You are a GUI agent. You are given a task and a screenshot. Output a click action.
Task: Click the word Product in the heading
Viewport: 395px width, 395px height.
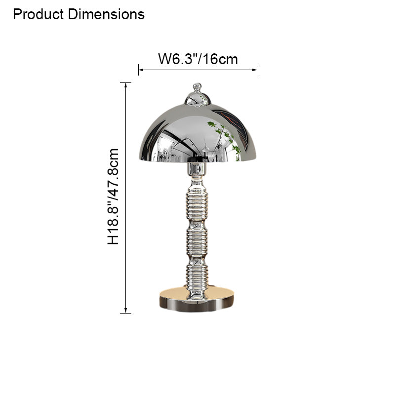point(39,14)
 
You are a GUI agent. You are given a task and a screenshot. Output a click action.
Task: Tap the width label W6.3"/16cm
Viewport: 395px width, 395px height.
point(197,59)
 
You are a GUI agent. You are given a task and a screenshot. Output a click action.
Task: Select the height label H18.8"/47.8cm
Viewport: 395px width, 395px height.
point(114,197)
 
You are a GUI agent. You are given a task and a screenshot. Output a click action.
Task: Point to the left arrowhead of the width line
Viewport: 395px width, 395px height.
point(140,70)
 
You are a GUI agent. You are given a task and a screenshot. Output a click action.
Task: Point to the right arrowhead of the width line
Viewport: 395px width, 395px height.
point(255,70)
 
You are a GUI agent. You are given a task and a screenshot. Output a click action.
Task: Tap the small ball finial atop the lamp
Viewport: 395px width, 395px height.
point(197,87)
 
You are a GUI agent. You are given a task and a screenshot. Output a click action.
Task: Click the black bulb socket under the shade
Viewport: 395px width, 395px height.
point(197,159)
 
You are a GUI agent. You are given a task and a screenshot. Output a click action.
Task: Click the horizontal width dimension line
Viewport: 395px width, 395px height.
point(197,70)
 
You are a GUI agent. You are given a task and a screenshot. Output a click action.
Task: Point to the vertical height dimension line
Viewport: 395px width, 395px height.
point(126,197)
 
